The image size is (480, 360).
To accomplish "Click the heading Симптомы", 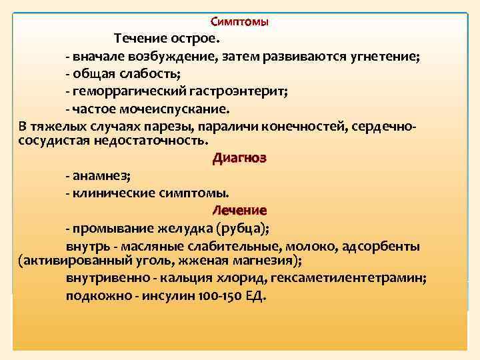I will pos(240,22).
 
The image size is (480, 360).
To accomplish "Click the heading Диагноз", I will pos(239,159).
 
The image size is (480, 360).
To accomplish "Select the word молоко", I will pos(313,246).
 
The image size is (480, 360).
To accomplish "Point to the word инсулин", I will pos(167,296).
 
